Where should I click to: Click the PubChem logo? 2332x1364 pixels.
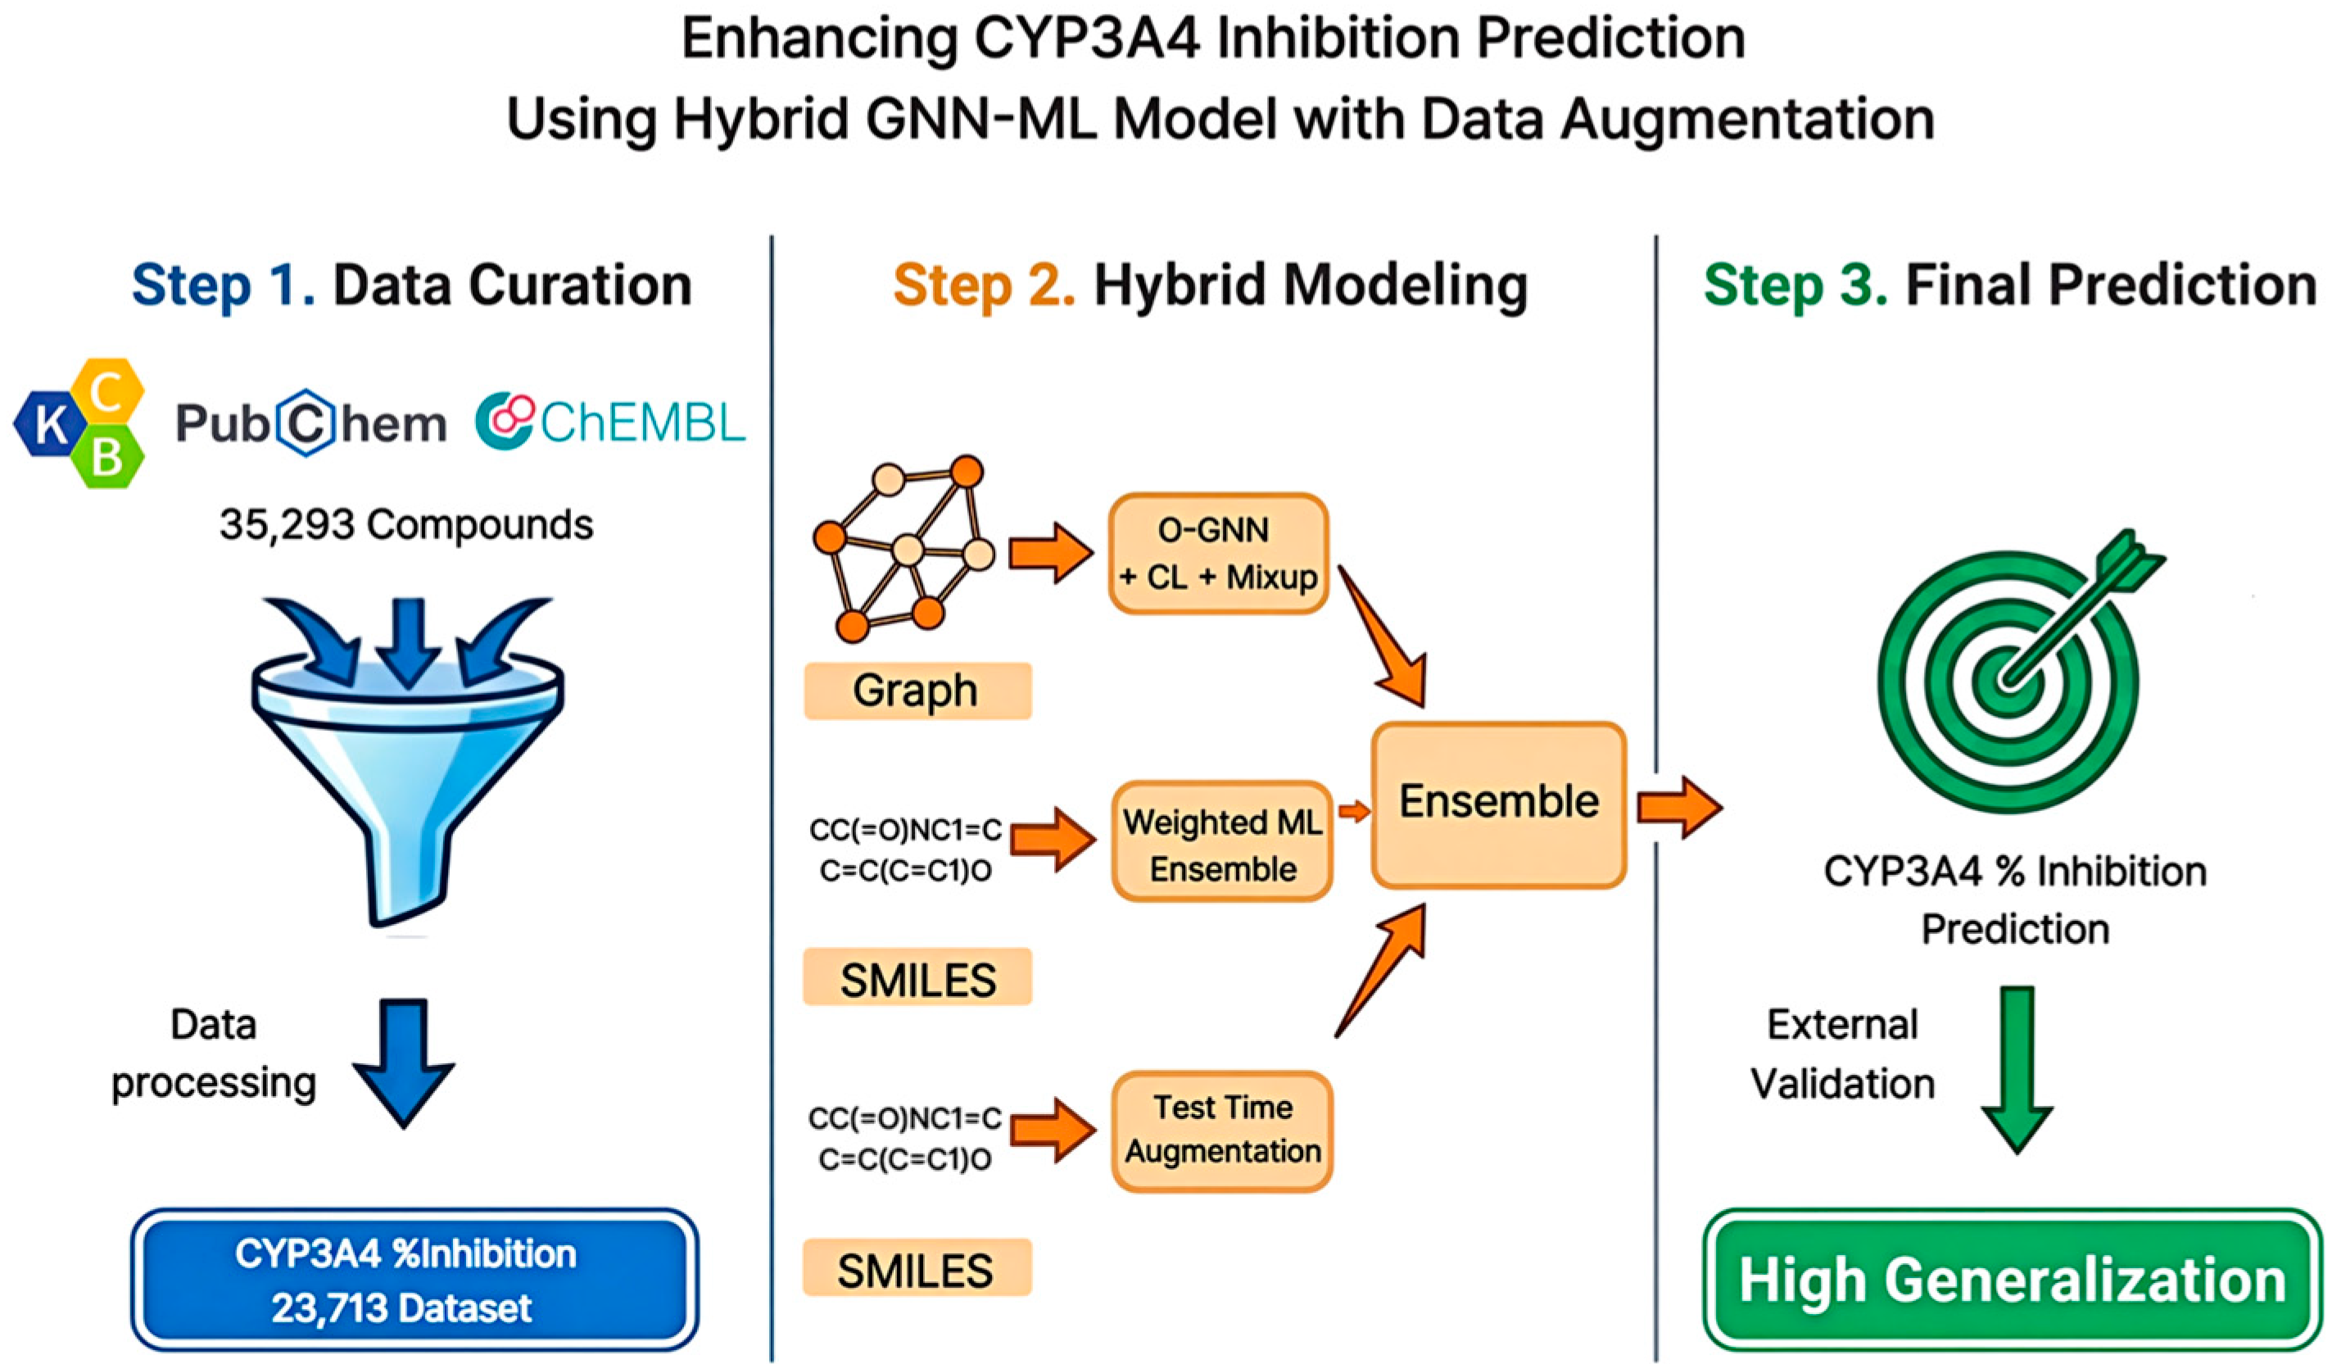pos(311,424)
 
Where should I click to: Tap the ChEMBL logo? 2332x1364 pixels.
pos(610,423)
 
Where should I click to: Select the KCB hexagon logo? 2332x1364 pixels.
pos(80,423)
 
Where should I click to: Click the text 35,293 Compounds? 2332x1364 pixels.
pos(406,524)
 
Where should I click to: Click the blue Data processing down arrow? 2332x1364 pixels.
pos(404,1063)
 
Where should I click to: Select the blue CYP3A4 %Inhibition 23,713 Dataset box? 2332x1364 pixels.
pos(414,1279)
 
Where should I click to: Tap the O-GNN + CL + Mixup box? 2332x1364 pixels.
pos(1219,553)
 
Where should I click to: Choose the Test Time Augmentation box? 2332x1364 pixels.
pos(1221,1131)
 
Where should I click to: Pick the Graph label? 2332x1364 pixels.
pos(917,691)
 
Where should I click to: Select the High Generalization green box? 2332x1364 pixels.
pos(2013,1279)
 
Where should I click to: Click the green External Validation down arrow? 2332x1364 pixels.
pos(2017,1069)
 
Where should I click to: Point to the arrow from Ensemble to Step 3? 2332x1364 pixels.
pos(1680,807)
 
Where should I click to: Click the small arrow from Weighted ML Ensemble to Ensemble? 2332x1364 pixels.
pos(1354,812)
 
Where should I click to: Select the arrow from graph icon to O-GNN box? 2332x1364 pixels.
pos(1051,553)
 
